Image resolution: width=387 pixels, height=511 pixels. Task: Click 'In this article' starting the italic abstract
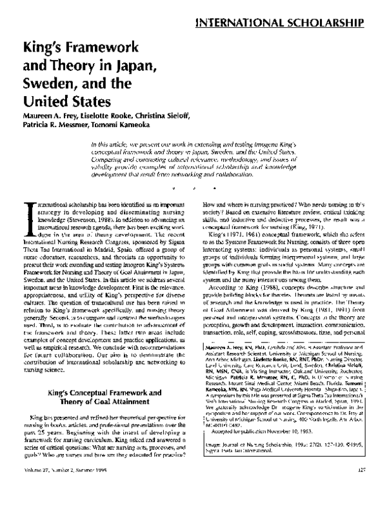pos(111,143)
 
